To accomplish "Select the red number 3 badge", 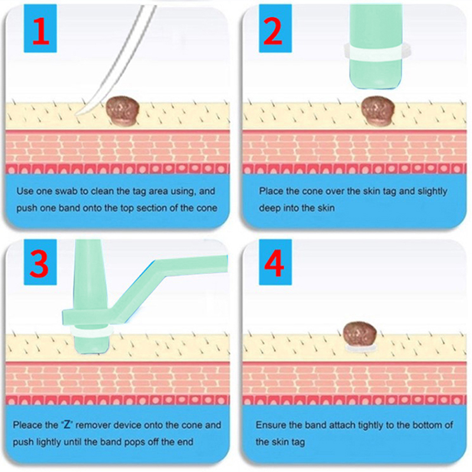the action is [40, 262].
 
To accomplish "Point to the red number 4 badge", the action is [275, 262].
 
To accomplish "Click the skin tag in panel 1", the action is [123, 110].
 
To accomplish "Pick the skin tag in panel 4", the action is [360, 333].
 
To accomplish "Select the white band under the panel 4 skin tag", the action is [360, 349].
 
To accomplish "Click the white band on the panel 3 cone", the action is [91, 332].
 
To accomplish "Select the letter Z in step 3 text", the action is [67, 425].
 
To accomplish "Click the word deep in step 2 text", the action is [269, 208].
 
